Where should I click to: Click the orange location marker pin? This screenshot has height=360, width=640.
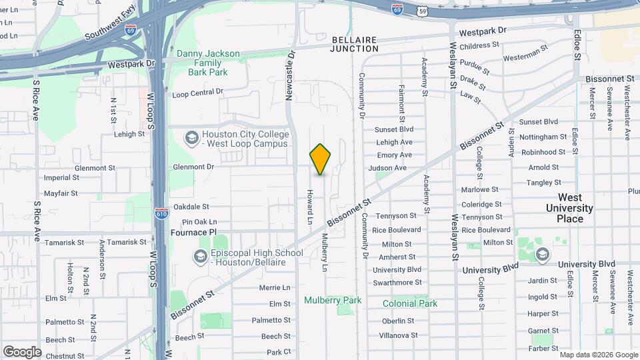(321, 159)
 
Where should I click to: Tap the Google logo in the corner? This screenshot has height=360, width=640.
(22, 351)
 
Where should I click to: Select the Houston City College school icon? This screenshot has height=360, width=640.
(191, 138)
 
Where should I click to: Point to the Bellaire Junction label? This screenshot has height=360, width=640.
(355, 44)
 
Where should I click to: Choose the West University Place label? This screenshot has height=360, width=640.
(570, 208)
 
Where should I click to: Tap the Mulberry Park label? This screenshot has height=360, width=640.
(333, 300)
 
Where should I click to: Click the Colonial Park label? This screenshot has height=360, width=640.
(410, 303)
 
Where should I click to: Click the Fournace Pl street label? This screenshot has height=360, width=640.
(194, 232)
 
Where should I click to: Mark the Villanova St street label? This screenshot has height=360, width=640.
(399, 335)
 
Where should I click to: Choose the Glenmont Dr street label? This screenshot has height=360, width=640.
(194, 167)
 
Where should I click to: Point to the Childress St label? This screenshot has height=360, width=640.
(479, 45)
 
